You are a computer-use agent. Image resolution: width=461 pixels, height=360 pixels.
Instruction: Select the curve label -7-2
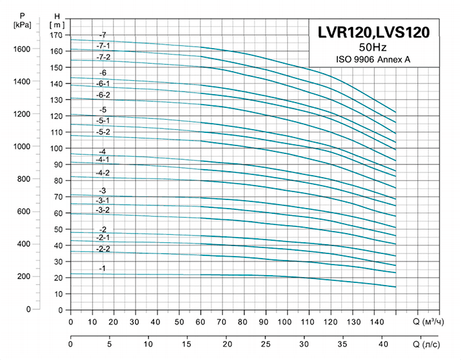tap(103, 57)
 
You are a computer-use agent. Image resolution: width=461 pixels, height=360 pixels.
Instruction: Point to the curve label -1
tap(102, 269)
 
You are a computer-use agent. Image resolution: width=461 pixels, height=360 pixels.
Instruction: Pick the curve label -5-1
tap(103, 120)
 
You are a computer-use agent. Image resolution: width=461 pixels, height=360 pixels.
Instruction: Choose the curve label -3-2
tap(103, 210)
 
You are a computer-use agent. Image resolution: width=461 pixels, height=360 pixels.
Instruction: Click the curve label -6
tap(102, 72)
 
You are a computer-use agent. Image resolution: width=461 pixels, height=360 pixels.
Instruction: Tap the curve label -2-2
tap(103, 249)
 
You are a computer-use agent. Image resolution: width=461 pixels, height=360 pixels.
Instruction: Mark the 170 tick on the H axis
tap(57, 35)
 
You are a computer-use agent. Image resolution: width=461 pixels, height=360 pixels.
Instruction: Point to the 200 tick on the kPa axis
tap(25, 276)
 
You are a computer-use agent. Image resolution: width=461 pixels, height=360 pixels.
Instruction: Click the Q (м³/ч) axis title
tap(431, 322)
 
